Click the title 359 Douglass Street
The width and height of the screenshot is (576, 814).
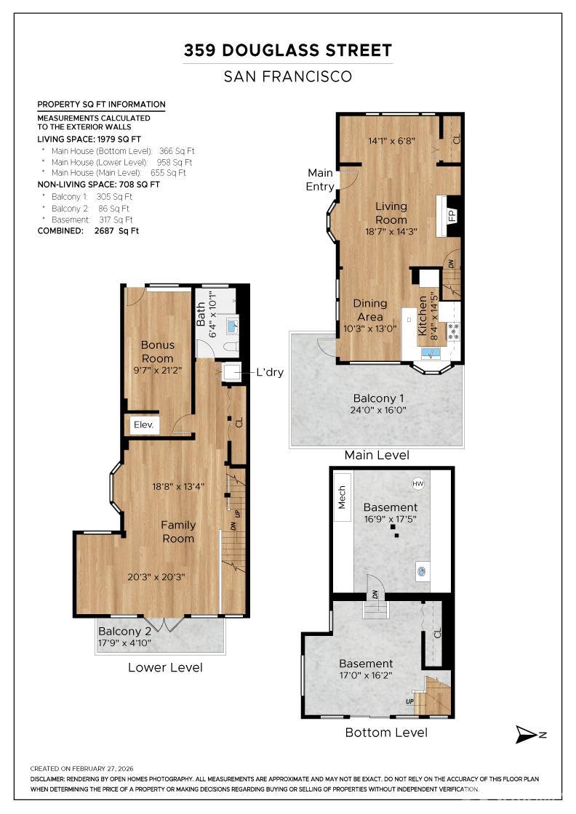(x=288, y=50)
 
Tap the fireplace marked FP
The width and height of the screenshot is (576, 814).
(x=452, y=216)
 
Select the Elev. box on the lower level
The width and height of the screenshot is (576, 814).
(x=143, y=424)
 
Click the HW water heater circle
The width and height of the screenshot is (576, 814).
(x=418, y=483)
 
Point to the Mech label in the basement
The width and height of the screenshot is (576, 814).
(x=343, y=498)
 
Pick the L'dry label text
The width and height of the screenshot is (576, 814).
(x=270, y=372)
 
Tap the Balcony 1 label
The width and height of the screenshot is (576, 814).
(x=378, y=398)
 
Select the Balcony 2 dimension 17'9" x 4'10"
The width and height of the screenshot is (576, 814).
(x=124, y=642)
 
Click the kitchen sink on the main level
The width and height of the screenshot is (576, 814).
(x=431, y=353)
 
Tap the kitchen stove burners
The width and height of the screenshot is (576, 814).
(x=453, y=331)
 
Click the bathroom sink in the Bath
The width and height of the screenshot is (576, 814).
(x=232, y=326)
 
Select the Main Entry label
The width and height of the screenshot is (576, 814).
(x=319, y=180)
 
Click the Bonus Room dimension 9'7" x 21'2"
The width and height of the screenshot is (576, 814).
(x=157, y=370)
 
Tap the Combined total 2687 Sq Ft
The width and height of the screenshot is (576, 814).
(x=116, y=231)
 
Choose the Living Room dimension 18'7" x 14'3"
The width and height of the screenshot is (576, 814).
(x=391, y=232)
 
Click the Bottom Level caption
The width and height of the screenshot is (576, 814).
(x=386, y=733)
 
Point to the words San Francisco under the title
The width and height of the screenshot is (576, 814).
(x=288, y=77)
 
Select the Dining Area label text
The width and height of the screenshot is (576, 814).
(x=369, y=310)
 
